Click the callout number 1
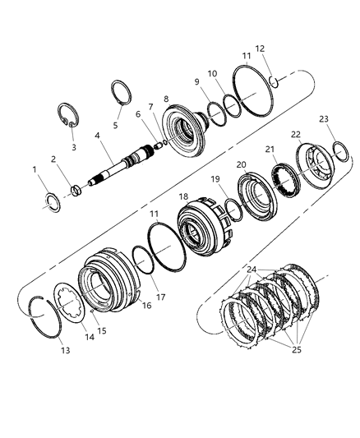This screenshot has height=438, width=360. (x=35, y=169)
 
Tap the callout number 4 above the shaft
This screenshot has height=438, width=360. (x=97, y=136)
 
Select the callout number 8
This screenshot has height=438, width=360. (x=167, y=99)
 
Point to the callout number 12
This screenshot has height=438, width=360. (x=260, y=48)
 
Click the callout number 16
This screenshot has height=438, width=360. (x=146, y=306)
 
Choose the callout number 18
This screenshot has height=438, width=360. (x=183, y=196)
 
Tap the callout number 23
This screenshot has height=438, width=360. (x=324, y=119)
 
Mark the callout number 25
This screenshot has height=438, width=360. (x=297, y=349)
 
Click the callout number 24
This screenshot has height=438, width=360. (x=252, y=270)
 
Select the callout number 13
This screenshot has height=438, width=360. (x=66, y=350)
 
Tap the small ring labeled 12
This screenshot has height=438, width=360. (x=274, y=81)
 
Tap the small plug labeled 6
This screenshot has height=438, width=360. (x=159, y=145)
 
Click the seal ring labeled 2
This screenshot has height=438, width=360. (x=76, y=191)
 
